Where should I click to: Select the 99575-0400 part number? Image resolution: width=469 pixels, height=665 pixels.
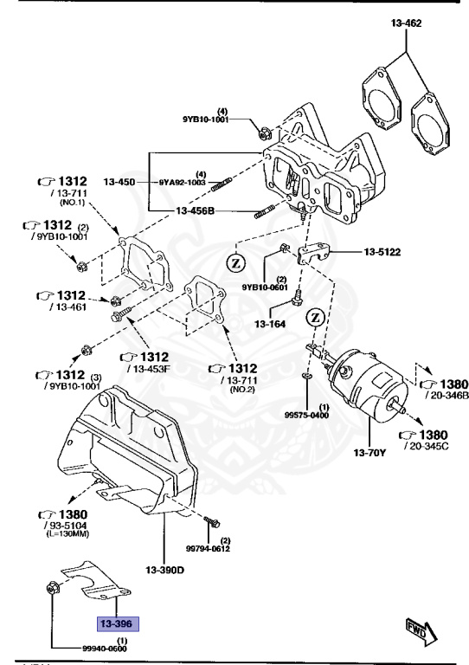coord(307,415)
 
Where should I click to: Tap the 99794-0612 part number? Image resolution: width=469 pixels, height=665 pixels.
coord(208,547)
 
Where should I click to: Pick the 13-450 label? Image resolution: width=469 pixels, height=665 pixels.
coord(119,182)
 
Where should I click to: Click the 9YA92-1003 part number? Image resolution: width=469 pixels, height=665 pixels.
coord(183,183)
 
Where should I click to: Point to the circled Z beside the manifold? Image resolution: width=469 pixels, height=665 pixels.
coord(234,260)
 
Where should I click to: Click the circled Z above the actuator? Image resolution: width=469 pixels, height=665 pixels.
coord(316,317)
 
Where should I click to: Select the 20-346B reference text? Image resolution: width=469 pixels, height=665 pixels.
coord(443,395)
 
